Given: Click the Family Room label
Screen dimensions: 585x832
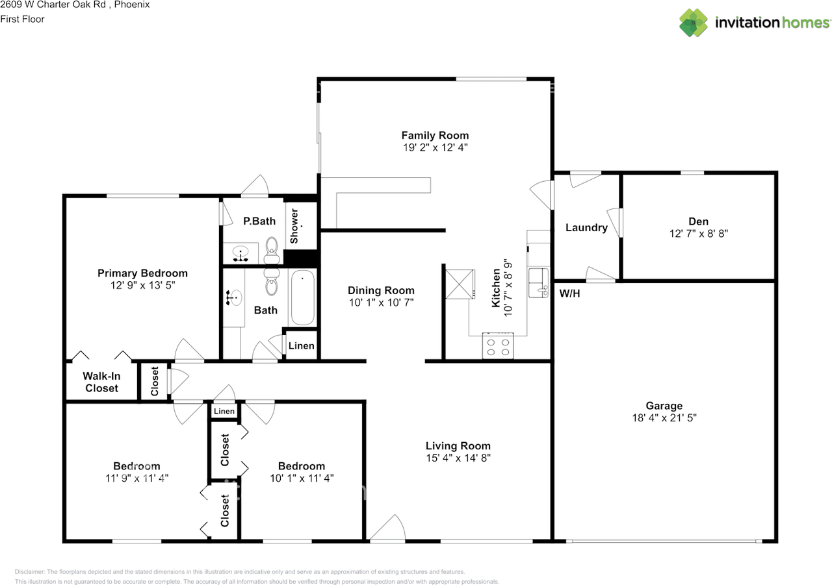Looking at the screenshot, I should pyautogui.click(x=435, y=135).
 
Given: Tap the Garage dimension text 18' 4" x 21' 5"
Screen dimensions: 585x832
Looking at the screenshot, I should pyautogui.click(x=664, y=418).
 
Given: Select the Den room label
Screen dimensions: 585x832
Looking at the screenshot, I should pyautogui.click(x=699, y=221).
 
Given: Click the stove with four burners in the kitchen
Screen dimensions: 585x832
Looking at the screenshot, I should pyautogui.click(x=497, y=345).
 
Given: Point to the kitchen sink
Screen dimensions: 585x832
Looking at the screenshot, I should pyautogui.click(x=538, y=282).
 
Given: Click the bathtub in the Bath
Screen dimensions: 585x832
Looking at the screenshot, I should pyautogui.click(x=302, y=298).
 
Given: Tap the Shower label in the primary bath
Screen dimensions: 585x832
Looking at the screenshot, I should pyautogui.click(x=294, y=226).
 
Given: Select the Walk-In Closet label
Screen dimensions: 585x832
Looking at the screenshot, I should pyautogui.click(x=101, y=382).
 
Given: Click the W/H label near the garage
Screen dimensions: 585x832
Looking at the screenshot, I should pyautogui.click(x=569, y=293).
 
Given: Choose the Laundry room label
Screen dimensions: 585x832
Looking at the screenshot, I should pyautogui.click(x=586, y=227).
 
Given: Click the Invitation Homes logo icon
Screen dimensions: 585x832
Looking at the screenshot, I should pyautogui.click(x=694, y=23).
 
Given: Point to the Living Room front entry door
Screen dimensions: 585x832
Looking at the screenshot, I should pyautogui.click(x=388, y=529).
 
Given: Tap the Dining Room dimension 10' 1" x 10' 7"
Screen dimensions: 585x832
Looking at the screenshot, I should pyautogui.click(x=380, y=302).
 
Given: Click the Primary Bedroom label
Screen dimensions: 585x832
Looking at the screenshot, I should pyautogui.click(x=142, y=273).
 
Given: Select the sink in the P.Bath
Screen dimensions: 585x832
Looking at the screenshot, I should pyautogui.click(x=241, y=253).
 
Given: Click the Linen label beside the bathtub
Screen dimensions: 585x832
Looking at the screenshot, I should pyautogui.click(x=301, y=345).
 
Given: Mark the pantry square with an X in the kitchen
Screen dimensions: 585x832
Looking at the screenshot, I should pyautogui.click(x=457, y=283).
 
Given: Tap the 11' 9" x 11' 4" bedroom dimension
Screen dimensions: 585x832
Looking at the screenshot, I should pyautogui.click(x=136, y=478).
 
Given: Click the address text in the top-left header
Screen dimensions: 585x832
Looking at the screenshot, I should pyautogui.click(x=75, y=5).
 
